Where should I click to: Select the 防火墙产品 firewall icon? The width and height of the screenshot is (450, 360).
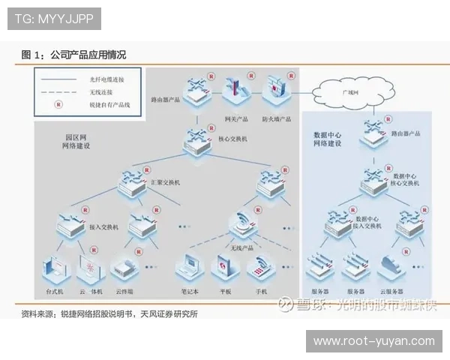click(275, 90)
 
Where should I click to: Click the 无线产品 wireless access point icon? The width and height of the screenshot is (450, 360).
click(242, 221)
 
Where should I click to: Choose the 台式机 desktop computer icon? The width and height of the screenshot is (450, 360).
click(56, 269)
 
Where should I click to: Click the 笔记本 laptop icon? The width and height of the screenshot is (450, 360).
click(187, 268)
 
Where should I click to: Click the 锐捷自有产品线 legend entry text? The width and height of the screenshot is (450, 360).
click(110, 105)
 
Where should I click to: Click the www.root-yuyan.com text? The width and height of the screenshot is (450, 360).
click(373, 341)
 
